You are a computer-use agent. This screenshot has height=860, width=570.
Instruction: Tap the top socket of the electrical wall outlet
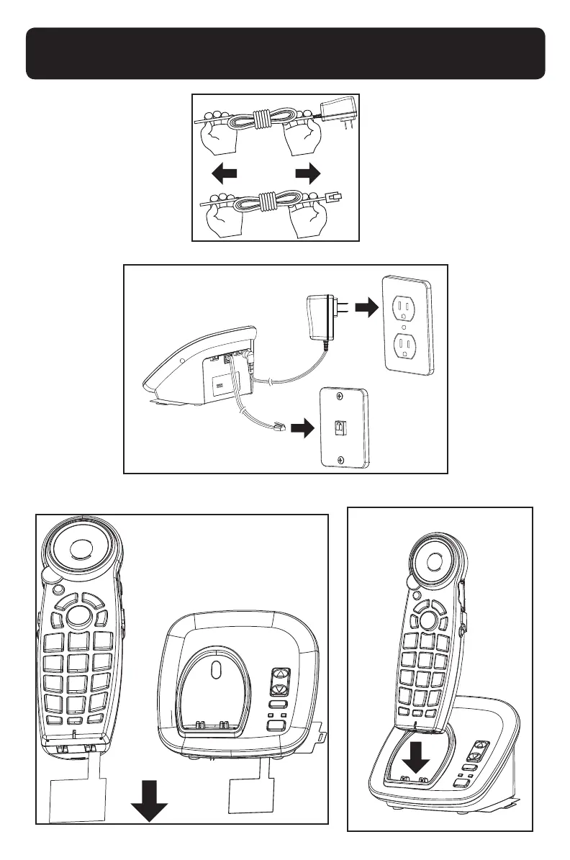click(406, 307)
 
